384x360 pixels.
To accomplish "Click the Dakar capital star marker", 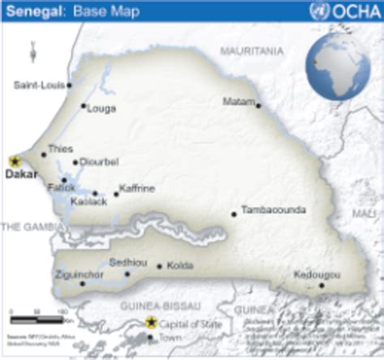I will (x=15, y=162).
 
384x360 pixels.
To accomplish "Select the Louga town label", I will (x=100, y=106).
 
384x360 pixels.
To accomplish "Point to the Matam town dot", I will (x=258, y=105).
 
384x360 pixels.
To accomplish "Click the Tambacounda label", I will (x=274, y=210).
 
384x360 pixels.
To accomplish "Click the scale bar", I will (x=37, y=312).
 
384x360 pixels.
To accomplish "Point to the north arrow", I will (x=33, y=55).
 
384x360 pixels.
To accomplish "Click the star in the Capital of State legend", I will (x=151, y=323).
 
